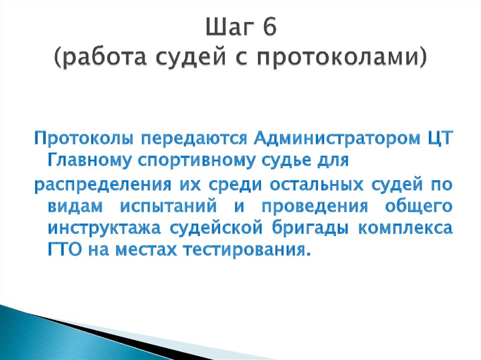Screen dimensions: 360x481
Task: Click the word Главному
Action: click(89, 161)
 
